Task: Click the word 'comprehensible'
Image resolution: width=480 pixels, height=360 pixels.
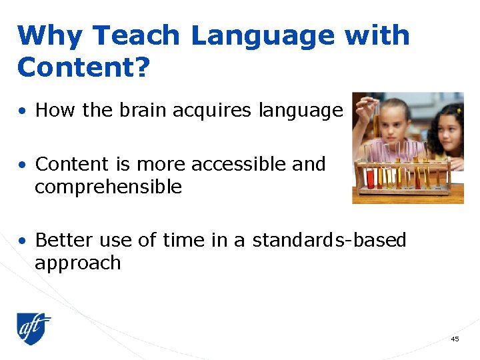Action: click(108, 187)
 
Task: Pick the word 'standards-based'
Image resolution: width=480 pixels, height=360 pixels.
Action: click(329, 240)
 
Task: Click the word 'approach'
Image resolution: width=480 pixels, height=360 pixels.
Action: click(77, 263)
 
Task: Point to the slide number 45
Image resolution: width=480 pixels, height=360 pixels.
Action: click(455, 339)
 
